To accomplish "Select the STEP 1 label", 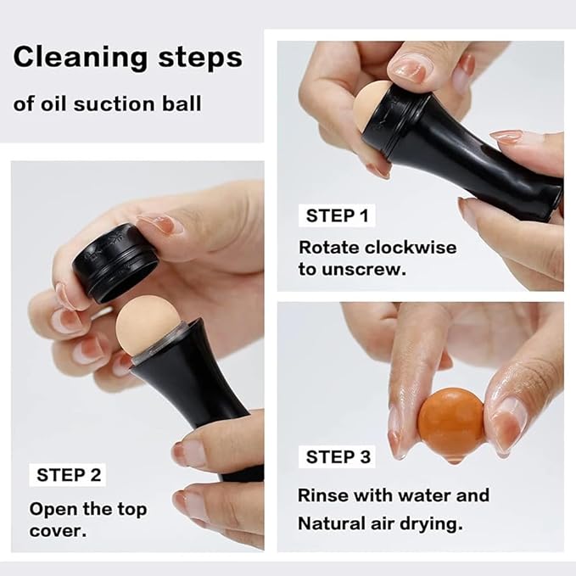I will pos(337,215).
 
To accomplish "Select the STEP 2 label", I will pos(67,474).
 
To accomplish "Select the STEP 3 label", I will pos(338,457).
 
